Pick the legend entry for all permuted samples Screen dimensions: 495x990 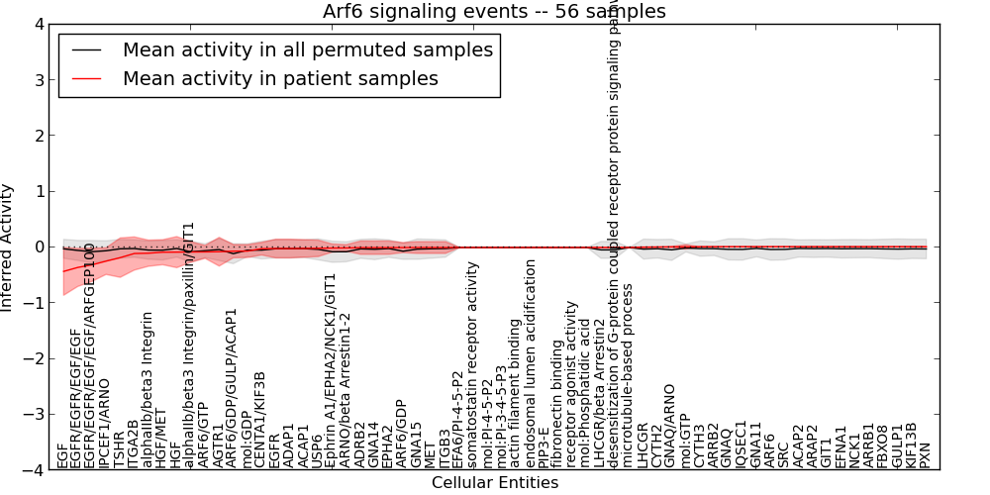click(x=307, y=49)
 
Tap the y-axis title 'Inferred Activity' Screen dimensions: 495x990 click(x=8, y=247)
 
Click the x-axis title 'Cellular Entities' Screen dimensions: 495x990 click(x=495, y=483)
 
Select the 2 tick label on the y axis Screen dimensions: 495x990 click(x=37, y=136)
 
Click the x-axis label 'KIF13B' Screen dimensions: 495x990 click(x=911, y=445)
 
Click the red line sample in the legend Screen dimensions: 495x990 click(x=87, y=78)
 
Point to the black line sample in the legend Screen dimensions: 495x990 click(x=87, y=49)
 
